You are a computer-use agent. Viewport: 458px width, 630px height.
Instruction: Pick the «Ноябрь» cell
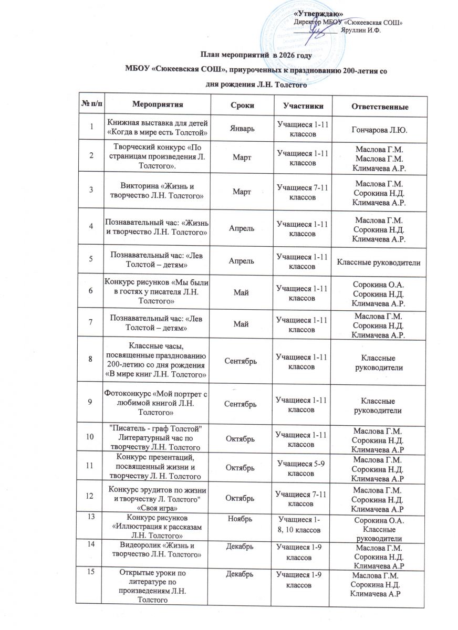coord(241,519)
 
